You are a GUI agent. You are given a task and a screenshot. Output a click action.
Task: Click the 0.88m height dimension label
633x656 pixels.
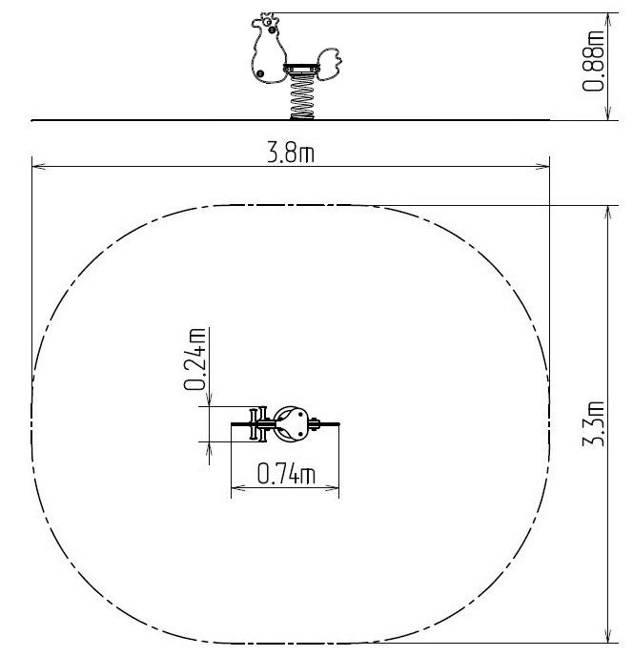593,61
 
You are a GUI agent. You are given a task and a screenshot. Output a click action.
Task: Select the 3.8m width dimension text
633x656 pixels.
291,153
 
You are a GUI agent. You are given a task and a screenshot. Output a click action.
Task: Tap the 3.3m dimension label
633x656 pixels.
593,423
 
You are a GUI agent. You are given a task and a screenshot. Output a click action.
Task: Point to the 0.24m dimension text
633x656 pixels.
195,359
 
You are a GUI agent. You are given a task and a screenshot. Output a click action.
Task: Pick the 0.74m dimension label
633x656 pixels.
286,473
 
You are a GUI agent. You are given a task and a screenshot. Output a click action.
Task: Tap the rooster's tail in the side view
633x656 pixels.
330,63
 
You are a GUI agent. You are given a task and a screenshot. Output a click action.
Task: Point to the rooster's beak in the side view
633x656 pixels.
255,23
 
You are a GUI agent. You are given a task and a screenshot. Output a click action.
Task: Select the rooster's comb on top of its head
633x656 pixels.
270,16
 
